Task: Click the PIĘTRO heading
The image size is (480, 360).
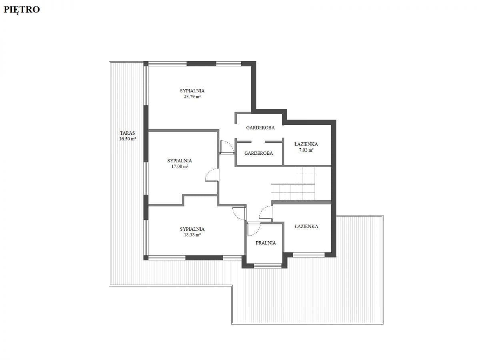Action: tap(22, 10)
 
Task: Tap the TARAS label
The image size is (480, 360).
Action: tap(127, 133)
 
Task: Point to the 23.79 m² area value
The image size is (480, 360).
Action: tap(192, 97)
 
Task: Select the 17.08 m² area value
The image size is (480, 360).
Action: tap(180, 166)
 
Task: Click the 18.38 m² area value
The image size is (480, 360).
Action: tap(192, 235)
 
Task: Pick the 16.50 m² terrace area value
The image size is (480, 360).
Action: tap(127, 139)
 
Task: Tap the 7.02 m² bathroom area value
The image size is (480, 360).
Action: tap(306, 150)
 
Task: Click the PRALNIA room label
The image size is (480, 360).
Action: tap(266, 243)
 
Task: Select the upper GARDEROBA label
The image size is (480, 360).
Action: tap(260, 128)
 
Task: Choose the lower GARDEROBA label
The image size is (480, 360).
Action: tap(258, 153)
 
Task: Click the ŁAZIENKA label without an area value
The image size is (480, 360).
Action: tap(306, 226)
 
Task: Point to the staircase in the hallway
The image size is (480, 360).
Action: tap(293, 184)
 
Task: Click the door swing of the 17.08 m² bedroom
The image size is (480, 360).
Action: tap(212, 175)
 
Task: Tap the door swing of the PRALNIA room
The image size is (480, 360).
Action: tap(254, 229)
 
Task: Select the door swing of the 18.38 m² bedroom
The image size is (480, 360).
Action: tap(239, 214)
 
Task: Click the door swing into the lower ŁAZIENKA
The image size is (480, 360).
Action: tap(265, 212)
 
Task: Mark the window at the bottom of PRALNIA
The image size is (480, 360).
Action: tap(268, 266)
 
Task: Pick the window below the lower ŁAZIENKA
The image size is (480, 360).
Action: tap(309, 255)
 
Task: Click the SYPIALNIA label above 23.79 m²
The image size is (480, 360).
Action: tap(192, 91)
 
